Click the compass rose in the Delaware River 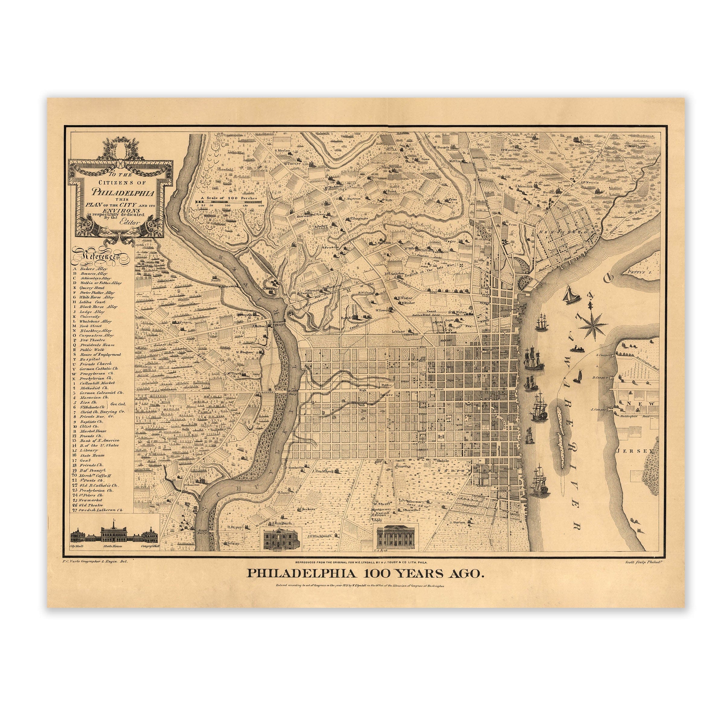592,325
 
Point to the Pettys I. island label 637,272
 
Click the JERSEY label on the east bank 637,451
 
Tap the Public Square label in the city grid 387,390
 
